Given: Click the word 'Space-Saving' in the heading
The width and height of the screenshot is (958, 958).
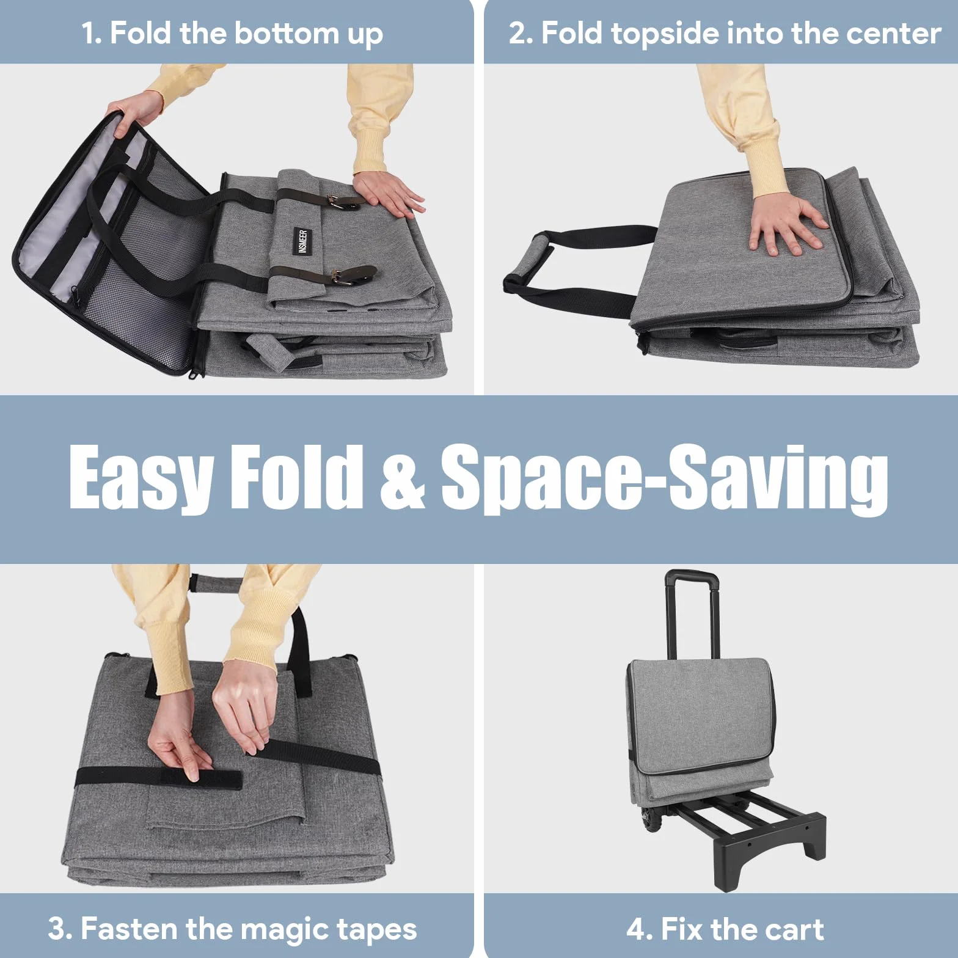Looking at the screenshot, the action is (x=664, y=480).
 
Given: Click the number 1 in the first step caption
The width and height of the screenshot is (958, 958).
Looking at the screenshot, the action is (x=90, y=33).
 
